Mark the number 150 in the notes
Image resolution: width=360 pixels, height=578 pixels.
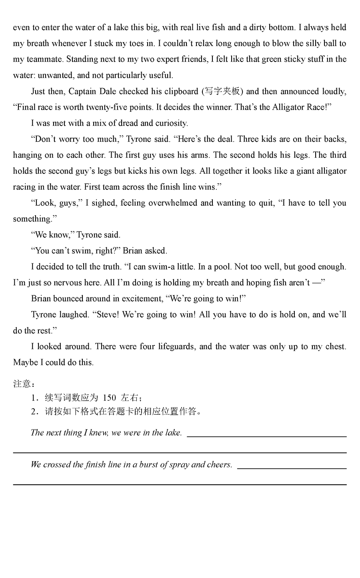(109, 398)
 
